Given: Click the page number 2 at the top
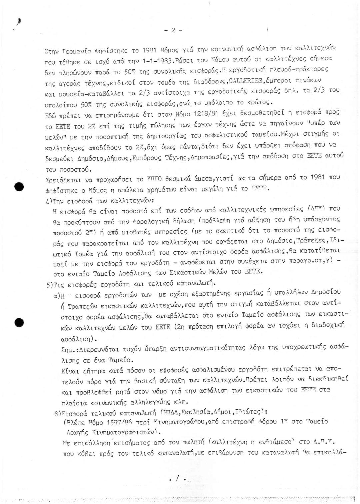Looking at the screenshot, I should (173, 30).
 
